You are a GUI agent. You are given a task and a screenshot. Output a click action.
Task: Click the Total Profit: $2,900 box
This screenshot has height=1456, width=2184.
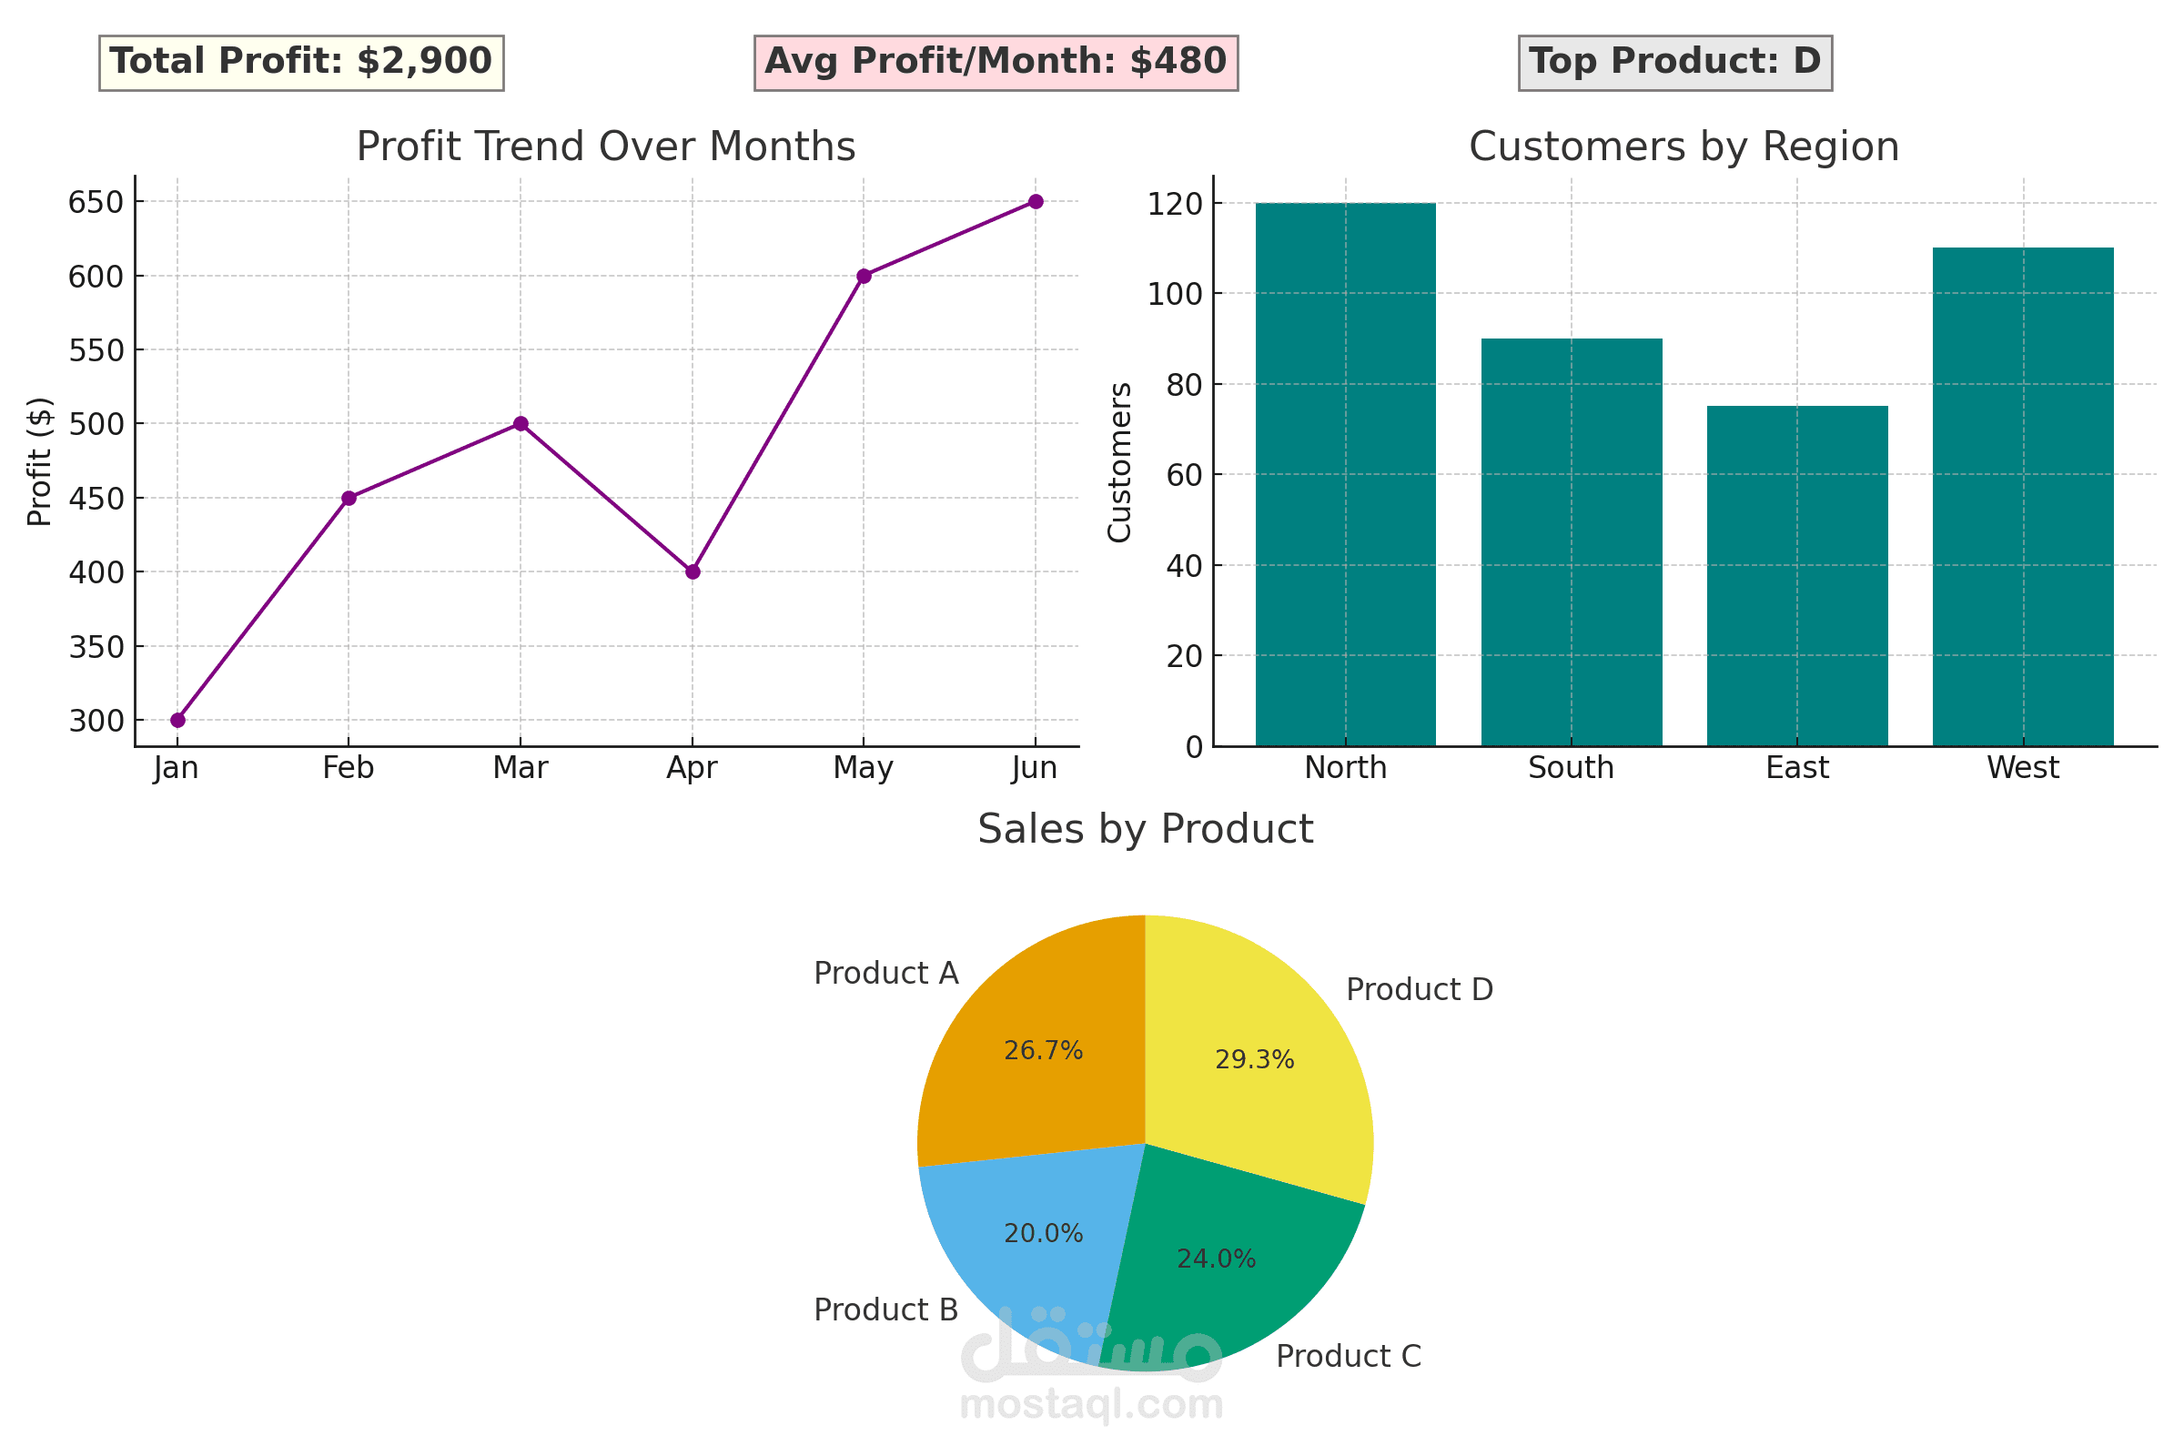pos(301,62)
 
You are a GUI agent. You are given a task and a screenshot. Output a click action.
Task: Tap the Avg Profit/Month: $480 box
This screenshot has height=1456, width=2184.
pos(996,62)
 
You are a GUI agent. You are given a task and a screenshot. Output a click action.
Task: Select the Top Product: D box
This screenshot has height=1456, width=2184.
pos(1674,62)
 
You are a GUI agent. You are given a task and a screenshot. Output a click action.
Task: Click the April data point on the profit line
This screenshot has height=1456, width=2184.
pos(693,572)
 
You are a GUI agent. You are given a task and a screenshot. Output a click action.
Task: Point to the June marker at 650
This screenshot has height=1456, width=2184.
pos(1036,201)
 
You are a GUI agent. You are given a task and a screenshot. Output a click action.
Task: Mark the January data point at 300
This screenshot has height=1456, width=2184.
pos(177,720)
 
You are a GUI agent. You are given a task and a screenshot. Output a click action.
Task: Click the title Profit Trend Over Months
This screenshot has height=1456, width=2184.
pos(605,147)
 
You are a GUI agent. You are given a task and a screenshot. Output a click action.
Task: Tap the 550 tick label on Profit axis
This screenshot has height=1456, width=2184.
pos(96,351)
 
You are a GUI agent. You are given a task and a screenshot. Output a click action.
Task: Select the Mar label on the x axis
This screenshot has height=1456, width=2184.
pos(520,768)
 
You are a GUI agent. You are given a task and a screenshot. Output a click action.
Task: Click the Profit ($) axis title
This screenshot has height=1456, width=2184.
pos(39,461)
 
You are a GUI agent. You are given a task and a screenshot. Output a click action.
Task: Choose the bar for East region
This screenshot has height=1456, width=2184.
pos(1796,576)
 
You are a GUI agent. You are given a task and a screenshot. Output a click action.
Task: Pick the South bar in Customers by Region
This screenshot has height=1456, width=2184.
pos(1572,542)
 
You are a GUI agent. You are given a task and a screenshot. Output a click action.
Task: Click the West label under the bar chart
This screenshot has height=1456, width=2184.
pos(2022,768)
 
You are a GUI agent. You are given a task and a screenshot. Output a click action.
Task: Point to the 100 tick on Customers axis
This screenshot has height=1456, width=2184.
pos(1175,294)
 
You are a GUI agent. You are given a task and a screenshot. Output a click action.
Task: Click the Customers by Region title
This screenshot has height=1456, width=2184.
pos(1683,147)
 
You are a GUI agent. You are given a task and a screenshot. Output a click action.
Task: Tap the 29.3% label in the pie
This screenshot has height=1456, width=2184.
pos(1254,1059)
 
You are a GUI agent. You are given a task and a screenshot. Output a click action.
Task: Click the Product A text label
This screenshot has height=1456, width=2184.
pos(885,973)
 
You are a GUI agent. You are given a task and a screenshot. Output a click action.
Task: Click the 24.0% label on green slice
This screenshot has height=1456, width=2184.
pos(1216,1259)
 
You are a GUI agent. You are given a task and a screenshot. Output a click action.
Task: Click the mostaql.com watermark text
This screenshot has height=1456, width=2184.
pos(1091,1405)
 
